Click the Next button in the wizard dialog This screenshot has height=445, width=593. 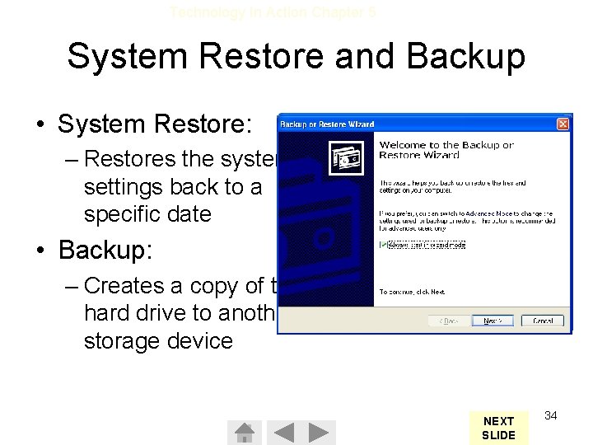pos(492,321)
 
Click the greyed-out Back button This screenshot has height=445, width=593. pos(448,321)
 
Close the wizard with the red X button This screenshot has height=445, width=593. pos(563,124)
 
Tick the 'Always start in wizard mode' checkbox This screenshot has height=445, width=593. pos(383,245)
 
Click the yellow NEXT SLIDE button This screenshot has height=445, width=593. pos(499,428)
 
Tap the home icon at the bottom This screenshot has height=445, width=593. pos(244,432)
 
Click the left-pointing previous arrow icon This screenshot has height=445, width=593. pos(283,432)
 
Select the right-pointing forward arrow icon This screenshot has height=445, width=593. pos(322,432)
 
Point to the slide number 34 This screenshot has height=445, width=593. pos(551,415)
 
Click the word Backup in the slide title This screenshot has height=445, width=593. pos(466,56)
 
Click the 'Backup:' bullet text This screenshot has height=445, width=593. pos(105,250)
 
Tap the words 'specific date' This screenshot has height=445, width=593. pos(147,214)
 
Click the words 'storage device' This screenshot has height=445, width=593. pos(158,341)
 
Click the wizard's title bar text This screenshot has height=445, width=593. pos(327,124)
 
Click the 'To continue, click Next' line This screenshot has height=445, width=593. pos(412,292)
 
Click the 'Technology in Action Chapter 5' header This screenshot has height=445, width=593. pos(273,12)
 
